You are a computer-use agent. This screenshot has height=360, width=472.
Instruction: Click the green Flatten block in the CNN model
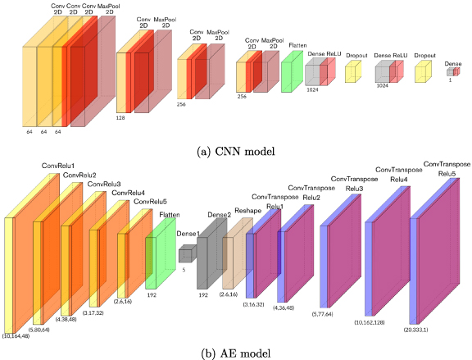[292, 71]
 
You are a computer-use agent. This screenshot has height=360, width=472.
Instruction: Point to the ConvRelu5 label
[152, 202]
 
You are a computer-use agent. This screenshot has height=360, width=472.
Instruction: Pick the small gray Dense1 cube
[185, 254]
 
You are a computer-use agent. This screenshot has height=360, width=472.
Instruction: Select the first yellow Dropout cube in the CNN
[353, 74]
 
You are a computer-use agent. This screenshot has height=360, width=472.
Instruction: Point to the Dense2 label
[218, 215]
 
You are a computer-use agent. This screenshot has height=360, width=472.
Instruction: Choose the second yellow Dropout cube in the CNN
[423, 74]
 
